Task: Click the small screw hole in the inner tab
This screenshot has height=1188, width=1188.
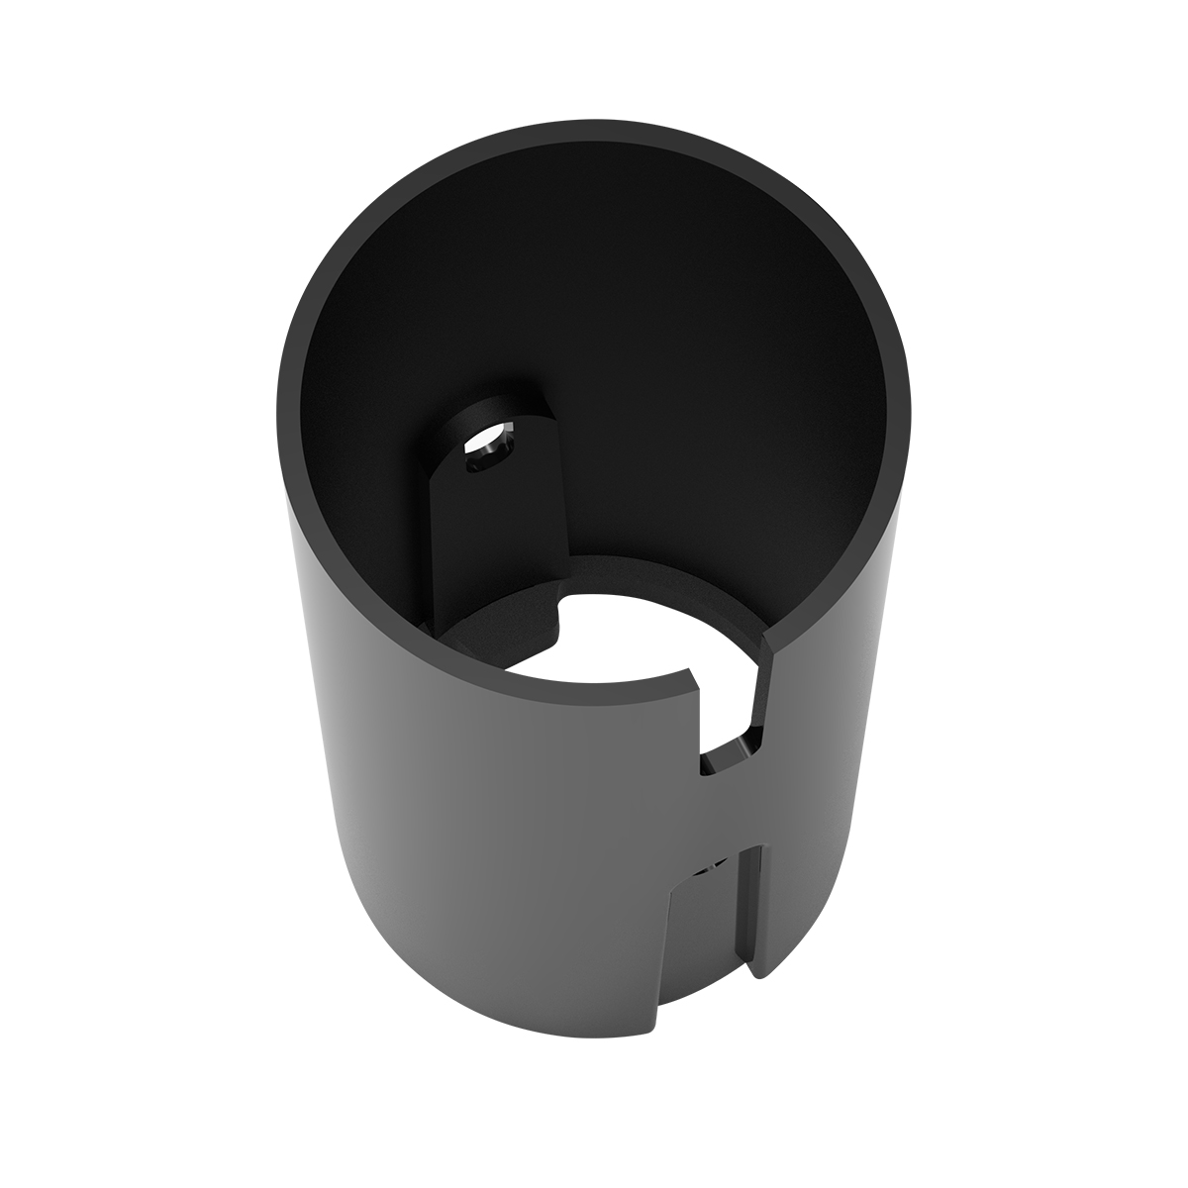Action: [x=485, y=451]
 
